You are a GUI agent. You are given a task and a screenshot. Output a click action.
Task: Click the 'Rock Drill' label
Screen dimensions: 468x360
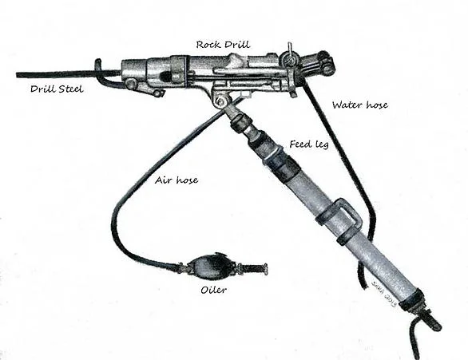(223, 45)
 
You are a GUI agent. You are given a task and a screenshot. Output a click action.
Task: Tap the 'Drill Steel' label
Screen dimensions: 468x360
(57, 89)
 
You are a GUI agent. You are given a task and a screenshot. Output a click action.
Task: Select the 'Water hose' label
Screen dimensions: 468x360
(360, 105)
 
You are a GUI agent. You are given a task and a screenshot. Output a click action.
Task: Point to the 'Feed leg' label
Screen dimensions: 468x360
(309, 144)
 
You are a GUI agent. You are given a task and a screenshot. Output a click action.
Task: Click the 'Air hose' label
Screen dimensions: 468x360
(176, 180)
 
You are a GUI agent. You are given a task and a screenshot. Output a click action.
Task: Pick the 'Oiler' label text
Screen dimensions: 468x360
(213, 290)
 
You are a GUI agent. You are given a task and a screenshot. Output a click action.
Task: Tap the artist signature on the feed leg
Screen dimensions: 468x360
(384, 294)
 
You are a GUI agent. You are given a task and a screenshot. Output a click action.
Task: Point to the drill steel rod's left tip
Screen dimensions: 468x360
(17, 74)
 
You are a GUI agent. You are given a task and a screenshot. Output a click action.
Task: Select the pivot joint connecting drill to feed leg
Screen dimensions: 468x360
(221, 101)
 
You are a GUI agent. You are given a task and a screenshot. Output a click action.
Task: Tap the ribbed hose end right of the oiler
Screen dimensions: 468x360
(253, 267)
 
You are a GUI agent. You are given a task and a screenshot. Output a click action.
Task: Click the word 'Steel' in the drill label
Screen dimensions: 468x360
(71, 89)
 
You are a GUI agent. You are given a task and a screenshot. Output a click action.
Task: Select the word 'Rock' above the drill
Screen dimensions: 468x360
(208, 45)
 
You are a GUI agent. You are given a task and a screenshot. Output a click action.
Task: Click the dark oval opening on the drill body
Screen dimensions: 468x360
(165, 77)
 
